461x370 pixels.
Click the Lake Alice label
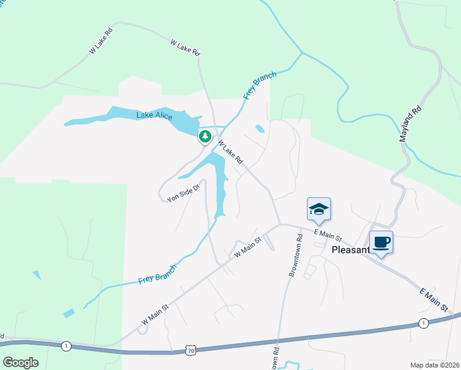154,115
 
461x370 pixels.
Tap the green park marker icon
204,136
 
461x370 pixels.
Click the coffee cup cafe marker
381,242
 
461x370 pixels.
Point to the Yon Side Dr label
184,194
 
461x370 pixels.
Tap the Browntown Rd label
294,255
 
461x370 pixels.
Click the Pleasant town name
351,250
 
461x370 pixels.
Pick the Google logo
20,363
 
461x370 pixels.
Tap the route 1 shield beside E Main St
423,323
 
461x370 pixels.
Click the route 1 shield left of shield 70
65,346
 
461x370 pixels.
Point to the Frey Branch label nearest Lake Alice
259,85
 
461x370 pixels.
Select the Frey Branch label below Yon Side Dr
157,273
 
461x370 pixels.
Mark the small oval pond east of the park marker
259,129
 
